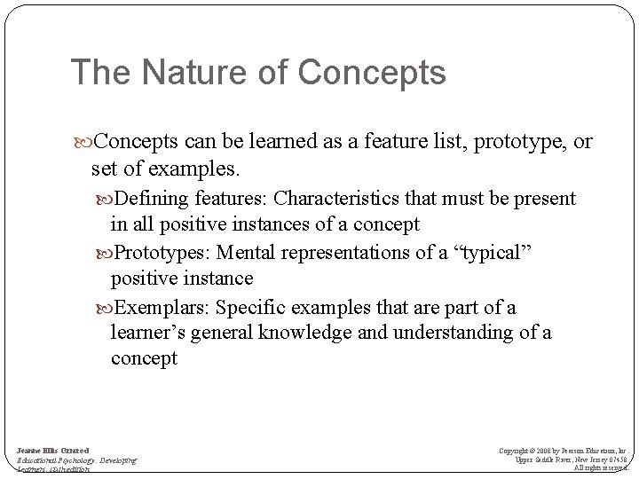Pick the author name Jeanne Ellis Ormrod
coord(52,452)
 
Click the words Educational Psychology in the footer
coord(55,461)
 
